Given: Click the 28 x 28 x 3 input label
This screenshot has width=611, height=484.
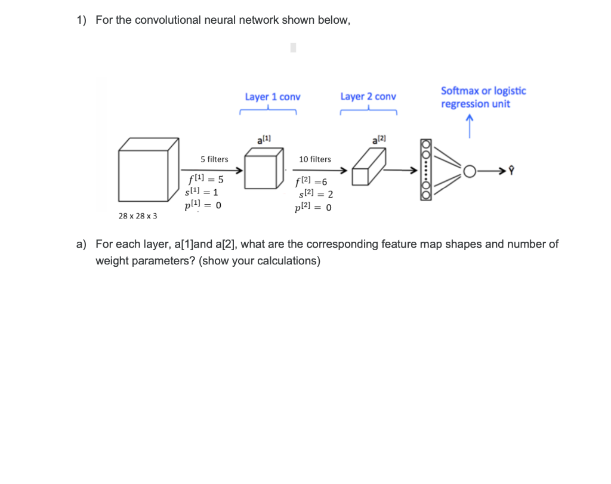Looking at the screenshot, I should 138,215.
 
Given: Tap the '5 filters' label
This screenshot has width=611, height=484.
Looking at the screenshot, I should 214,159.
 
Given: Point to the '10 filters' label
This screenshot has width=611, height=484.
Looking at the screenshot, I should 315,159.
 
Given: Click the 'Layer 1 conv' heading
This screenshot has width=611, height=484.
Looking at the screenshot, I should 273,97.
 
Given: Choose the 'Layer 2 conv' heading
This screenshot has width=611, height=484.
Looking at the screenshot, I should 368,97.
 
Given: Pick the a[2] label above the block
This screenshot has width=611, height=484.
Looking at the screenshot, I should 379,139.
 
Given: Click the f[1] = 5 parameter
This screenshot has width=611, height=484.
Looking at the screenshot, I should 205,179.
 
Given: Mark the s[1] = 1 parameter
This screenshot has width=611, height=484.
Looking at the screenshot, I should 203,192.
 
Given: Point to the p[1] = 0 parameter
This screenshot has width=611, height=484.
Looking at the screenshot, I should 203,205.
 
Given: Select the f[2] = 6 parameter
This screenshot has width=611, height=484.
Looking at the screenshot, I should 311,181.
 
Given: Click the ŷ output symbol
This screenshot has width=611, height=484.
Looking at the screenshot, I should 511,172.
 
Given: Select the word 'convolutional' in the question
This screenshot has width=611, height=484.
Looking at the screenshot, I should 168,20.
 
